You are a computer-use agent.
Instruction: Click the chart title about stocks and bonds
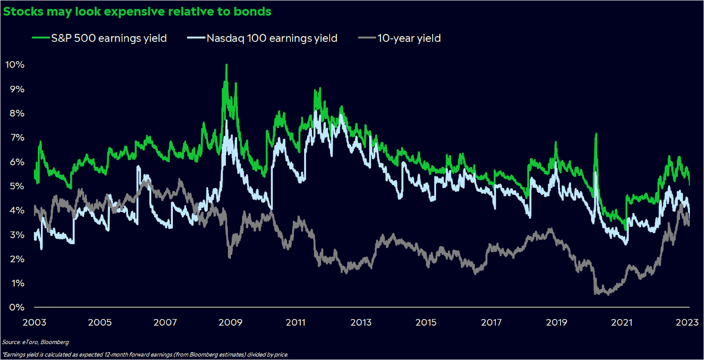tap(137, 11)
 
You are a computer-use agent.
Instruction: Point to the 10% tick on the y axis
tap(15, 65)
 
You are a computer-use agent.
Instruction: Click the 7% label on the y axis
tap(17, 138)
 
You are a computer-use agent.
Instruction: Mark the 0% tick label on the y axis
tap(17, 307)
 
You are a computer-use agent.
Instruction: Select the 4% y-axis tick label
tap(17, 210)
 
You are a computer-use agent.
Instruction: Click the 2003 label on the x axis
tap(34, 323)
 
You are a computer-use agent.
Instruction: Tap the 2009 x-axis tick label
tap(231, 323)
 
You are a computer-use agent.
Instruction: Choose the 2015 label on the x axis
tap(426, 323)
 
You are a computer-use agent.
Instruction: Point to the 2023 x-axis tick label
tap(687, 323)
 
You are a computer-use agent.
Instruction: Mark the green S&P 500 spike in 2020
tap(596, 134)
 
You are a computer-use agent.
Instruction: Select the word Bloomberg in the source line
tap(55, 342)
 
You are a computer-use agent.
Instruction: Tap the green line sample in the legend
tap(40, 38)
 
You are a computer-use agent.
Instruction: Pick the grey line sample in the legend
tap(367, 38)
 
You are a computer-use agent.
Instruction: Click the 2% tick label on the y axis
tap(17, 259)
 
